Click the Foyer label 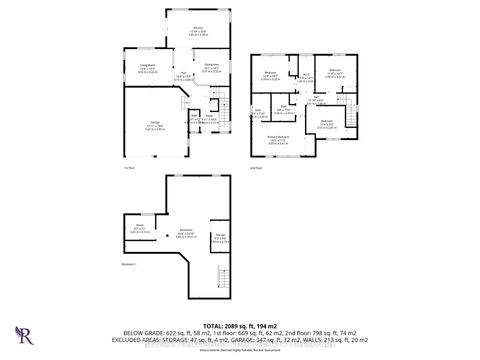(210, 117)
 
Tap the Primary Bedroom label (277, 140)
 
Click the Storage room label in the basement (219, 238)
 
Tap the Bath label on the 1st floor (194, 117)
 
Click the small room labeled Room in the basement (140, 229)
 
